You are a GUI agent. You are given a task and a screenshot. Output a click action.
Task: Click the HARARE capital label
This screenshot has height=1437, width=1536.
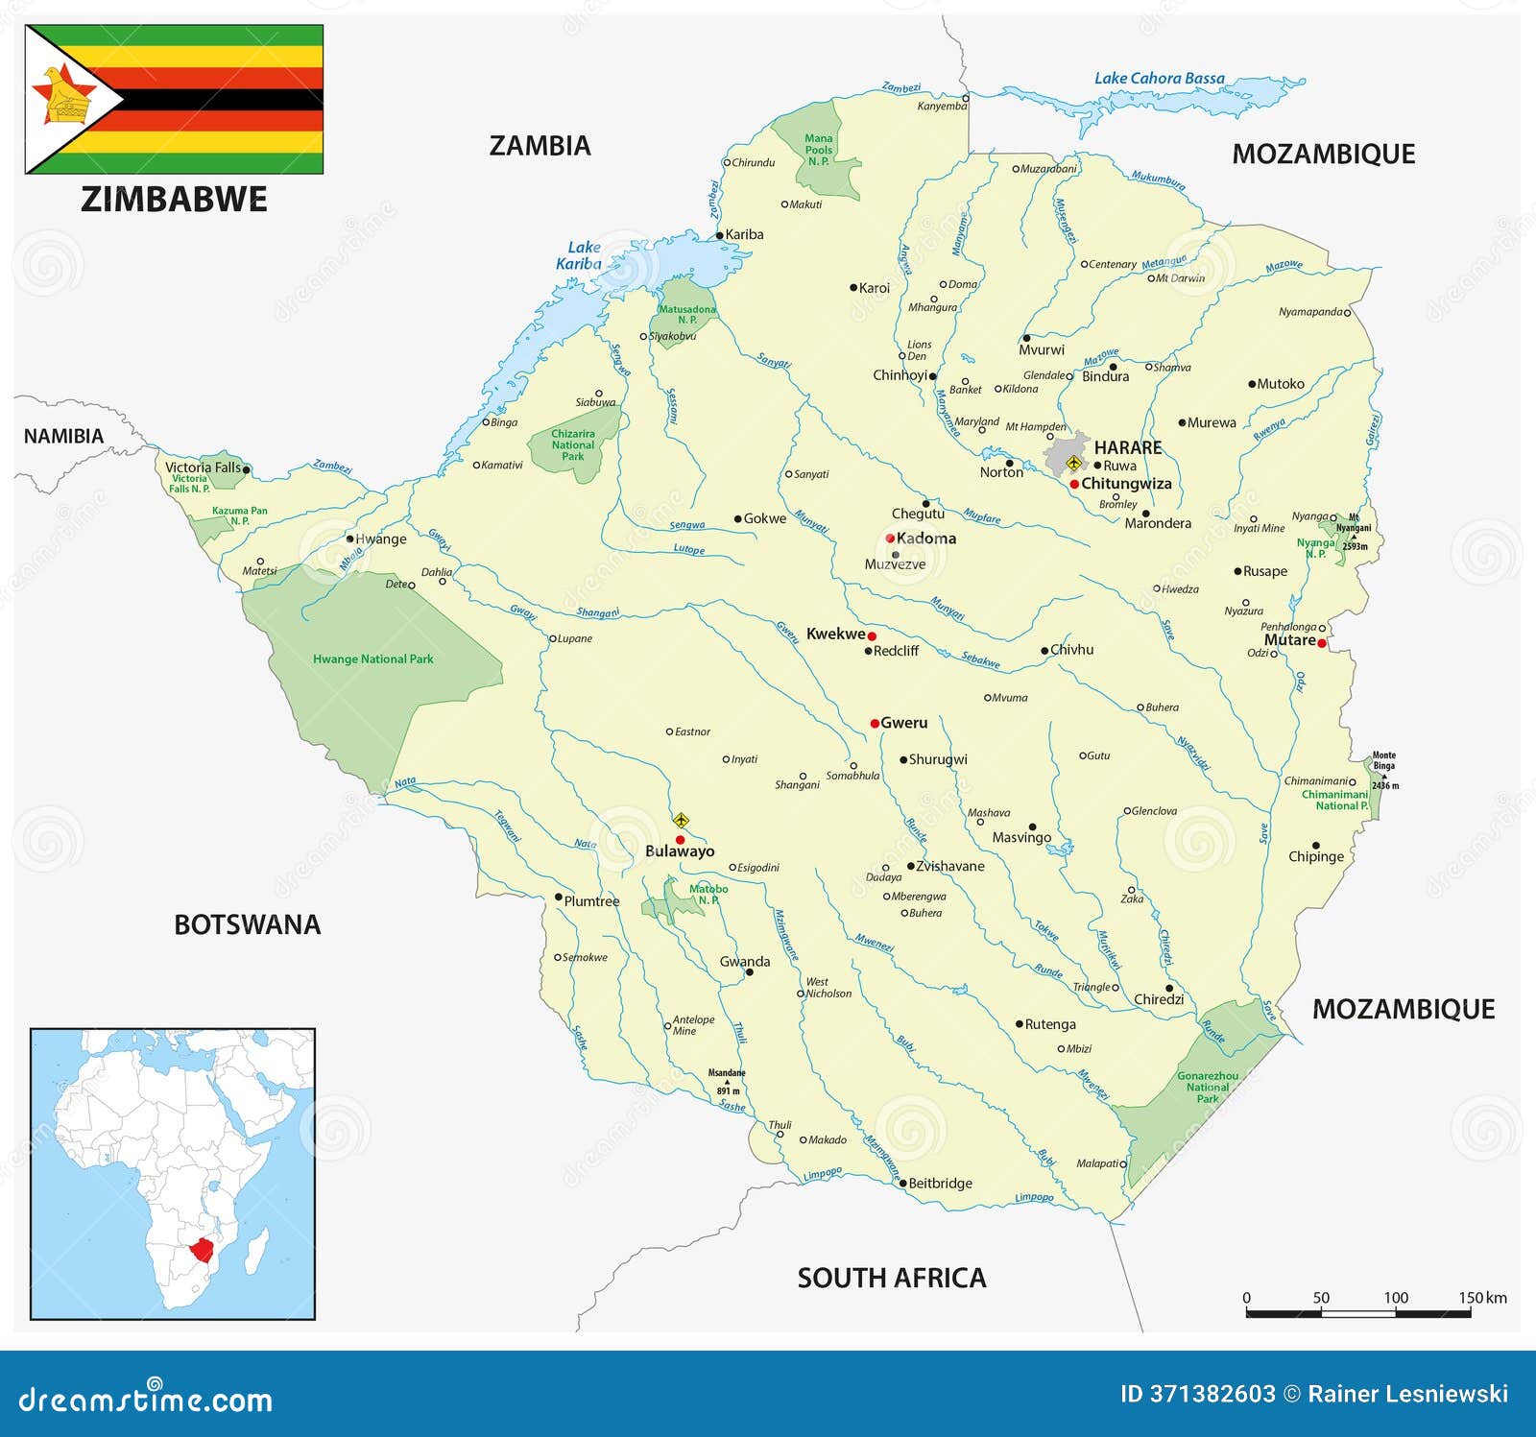click(x=1127, y=447)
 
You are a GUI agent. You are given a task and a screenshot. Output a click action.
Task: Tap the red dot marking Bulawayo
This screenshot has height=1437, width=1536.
click(x=680, y=840)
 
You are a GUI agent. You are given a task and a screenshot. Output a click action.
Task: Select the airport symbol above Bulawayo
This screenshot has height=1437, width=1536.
click(x=681, y=820)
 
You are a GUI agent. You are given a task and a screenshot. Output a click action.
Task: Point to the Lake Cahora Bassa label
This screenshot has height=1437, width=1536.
click(x=1159, y=79)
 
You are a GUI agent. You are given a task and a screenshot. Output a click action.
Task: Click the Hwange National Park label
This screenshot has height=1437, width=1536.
click(x=372, y=659)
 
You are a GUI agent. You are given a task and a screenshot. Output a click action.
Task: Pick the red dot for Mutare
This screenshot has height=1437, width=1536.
click(x=1322, y=643)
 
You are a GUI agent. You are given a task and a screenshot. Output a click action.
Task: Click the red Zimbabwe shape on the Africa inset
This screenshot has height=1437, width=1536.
click(x=202, y=1250)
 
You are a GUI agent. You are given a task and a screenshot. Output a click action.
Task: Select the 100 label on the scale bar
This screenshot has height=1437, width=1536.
click(x=1395, y=1298)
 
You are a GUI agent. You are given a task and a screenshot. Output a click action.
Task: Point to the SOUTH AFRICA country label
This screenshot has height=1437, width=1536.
click(x=891, y=1278)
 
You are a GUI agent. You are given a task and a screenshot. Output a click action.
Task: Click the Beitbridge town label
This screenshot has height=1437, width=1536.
click(x=940, y=1184)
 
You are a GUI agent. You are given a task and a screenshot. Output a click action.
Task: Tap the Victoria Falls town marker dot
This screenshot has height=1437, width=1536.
click(x=247, y=469)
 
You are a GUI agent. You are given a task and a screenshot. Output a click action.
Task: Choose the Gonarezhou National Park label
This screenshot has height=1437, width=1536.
click(x=1207, y=1087)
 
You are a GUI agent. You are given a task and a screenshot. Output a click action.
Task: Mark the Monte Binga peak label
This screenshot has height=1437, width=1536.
click(x=1383, y=761)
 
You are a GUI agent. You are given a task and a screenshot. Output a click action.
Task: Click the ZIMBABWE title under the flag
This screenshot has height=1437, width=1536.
click(x=174, y=200)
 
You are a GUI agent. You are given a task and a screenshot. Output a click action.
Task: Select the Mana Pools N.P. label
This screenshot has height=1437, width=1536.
click(x=818, y=150)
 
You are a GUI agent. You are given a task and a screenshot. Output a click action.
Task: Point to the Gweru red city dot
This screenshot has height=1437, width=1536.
click(x=875, y=723)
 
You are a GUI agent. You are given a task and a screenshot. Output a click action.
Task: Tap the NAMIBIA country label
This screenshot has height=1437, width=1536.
click(x=63, y=436)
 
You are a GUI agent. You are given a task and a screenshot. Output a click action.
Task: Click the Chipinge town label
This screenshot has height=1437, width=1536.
click(x=1315, y=856)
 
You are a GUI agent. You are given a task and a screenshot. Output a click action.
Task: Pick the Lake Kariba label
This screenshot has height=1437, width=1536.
click(x=579, y=255)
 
